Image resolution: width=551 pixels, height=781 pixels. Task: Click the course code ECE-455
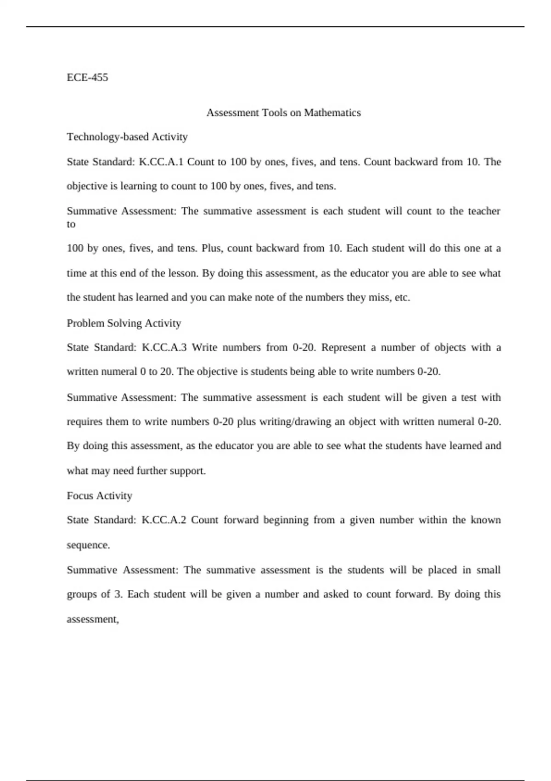87,77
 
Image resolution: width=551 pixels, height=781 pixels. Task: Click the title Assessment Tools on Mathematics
283,113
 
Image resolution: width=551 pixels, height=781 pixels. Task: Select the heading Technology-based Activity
127,137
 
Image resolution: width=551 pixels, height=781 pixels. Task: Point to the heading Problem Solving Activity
124,323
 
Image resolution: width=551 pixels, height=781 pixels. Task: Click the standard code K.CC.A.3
164,347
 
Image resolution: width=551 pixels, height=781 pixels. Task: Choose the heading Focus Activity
99,496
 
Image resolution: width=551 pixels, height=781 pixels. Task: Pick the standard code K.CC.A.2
164,520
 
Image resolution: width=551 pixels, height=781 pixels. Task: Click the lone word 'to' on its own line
71,225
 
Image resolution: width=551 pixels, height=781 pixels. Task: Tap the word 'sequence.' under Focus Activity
88,545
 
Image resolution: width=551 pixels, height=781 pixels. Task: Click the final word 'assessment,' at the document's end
93,619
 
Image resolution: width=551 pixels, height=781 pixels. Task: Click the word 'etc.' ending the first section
402,298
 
